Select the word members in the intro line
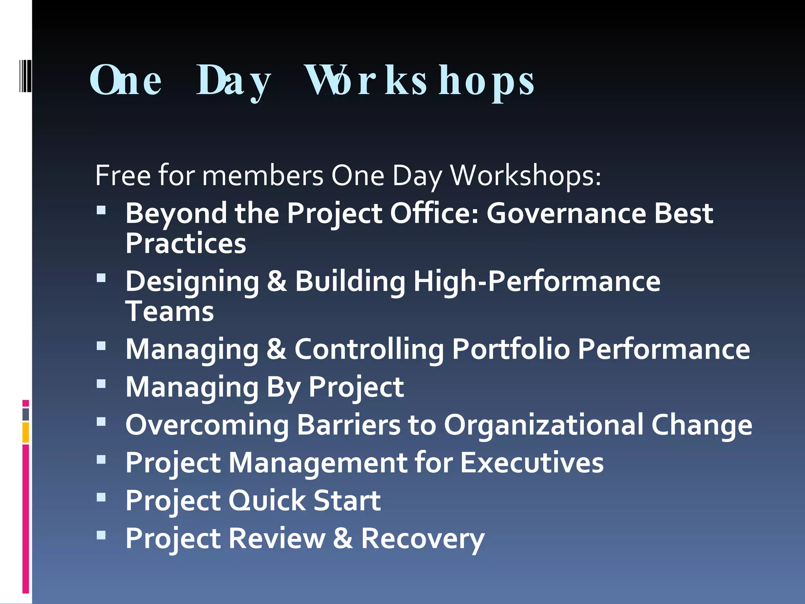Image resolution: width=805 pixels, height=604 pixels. pyautogui.click(x=263, y=175)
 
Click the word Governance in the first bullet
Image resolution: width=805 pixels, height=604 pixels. pyautogui.click(x=566, y=214)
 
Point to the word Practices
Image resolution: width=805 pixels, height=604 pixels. pyautogui.click(x=186, y=243)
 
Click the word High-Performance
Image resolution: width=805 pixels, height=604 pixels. pyautogui.click(x=537, y=282)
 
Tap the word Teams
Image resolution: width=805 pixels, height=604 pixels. pyautogui.click(x=169, y=311)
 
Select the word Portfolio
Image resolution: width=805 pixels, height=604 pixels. pyautogui.click(x=511, y=349)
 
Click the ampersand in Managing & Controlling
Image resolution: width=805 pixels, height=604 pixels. pyautogui.click(x=276, y=349)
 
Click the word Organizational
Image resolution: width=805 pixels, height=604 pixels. pyautogui.click(x=543, y=425)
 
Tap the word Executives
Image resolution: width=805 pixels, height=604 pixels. pyautogui.click(x=531, y=463)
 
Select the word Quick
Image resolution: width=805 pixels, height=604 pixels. pyautogui.click(x=267, y=501)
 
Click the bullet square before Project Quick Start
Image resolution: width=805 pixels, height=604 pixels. pyautogui.click(x=101, y=497)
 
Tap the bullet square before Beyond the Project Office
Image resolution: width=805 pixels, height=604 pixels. pyautogui.click(x=101, y=210)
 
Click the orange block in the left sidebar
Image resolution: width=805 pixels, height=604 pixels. pyautogui.click(x=26, y=432)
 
